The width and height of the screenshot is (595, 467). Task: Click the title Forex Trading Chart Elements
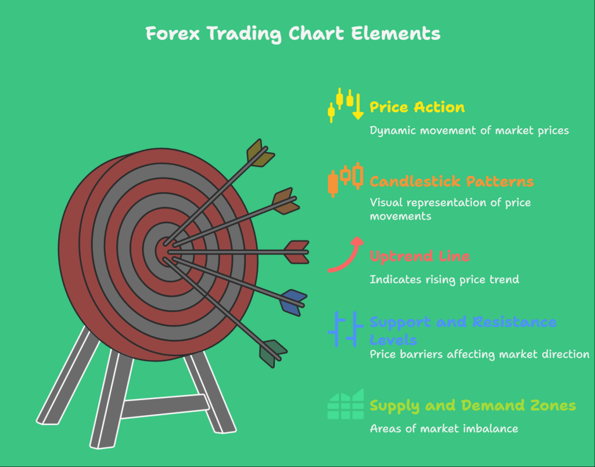coord(293,34)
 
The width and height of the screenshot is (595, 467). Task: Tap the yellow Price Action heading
coord(417,107)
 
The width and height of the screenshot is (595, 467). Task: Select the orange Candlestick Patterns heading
coord(451,182)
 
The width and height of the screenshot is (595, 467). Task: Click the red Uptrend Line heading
coord(420,256)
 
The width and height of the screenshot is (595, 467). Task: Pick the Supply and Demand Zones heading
coord(472,405)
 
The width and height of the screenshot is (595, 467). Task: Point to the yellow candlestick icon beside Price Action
coord(345,105)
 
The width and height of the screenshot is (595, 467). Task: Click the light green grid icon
coord(345,404)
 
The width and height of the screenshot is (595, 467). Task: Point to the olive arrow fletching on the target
coord(259,153)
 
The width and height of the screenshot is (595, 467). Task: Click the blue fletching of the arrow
coord(292,302)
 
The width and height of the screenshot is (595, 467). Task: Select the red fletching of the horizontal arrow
coord(297,252)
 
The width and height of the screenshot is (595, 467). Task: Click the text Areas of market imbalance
coord(443,429)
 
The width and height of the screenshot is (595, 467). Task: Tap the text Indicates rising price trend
coord(444,279)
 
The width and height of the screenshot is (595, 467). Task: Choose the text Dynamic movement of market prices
coord(469,130)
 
